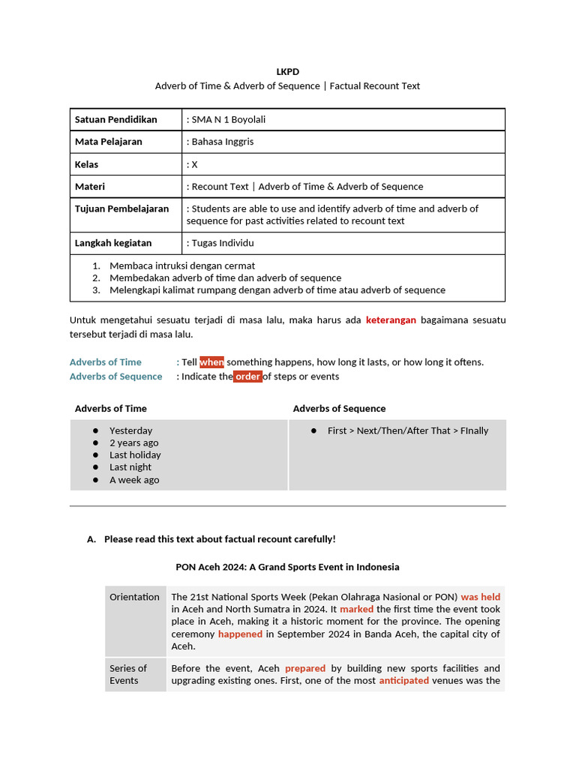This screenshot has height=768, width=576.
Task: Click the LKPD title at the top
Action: (287, 71)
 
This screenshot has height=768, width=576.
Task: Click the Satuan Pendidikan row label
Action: (115, 119)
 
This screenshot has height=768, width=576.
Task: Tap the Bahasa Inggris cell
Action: (222, 142)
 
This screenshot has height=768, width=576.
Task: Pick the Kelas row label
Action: (86, 164)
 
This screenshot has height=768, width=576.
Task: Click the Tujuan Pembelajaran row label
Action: (121, 208)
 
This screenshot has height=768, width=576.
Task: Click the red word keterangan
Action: (391, 320)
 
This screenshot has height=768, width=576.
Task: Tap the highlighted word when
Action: (211, 362)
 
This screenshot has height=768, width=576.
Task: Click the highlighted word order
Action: (247, 376)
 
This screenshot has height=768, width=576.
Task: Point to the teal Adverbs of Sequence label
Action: (115, 376)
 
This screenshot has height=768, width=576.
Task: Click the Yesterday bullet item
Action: (130, 430)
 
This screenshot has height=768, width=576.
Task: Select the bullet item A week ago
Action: (134, 480)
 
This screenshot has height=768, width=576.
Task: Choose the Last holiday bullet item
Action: (135, 455)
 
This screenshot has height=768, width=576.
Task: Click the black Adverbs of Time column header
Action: (110, 409)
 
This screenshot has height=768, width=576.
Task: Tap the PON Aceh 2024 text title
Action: (287, 567)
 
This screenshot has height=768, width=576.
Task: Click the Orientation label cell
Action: (134, 597)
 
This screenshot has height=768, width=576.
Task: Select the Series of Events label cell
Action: (128, 674)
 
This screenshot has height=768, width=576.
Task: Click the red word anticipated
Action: (403, 681)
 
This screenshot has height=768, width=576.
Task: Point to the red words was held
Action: (480, 597)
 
